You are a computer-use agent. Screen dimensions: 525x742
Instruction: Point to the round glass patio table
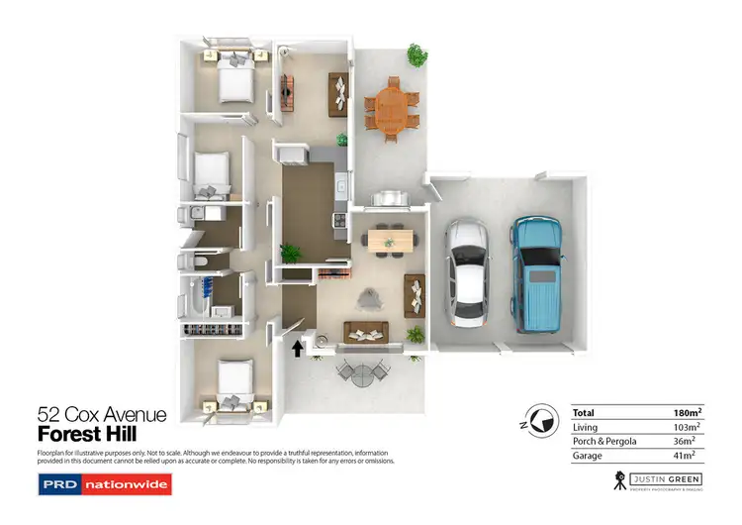click(x=359, y=373)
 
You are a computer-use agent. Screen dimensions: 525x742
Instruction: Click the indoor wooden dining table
click(x=389, y=240)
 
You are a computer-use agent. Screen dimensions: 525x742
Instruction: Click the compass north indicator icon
click(x=539, y=420)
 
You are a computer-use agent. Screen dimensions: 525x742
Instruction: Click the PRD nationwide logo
click(x=104, y=484)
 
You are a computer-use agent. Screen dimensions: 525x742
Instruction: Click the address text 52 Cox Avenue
click(x=102, y=415)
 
